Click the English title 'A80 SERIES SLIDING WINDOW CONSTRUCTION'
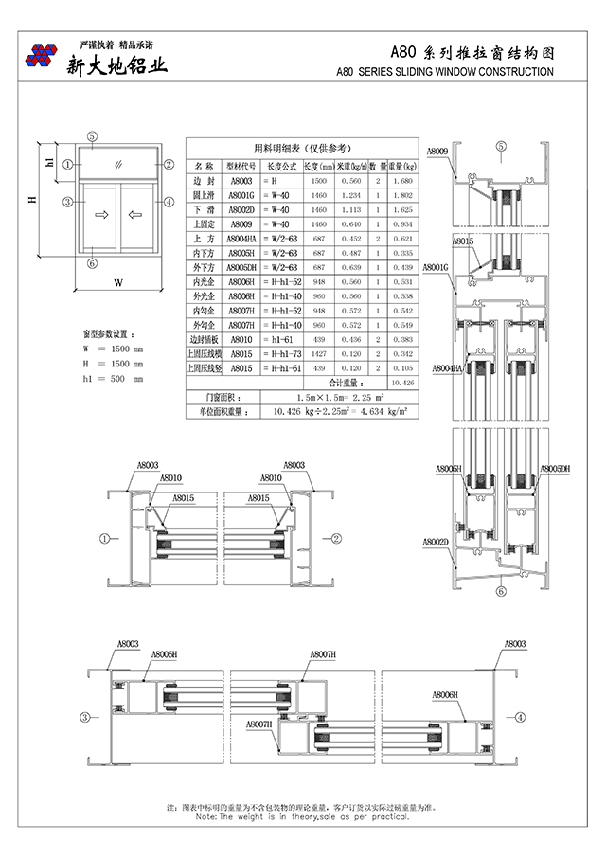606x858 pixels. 445,72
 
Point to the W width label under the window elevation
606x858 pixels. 118,283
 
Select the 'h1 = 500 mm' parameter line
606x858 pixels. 113,379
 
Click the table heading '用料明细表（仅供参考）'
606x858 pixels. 301,148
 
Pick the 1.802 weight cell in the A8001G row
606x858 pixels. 401,194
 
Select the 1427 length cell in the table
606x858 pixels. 319,353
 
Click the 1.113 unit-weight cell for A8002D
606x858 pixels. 352,208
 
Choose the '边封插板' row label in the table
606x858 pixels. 204,338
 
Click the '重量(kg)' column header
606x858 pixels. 401,165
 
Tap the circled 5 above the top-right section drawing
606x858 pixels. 501,147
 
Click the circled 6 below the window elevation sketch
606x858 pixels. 92,263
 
